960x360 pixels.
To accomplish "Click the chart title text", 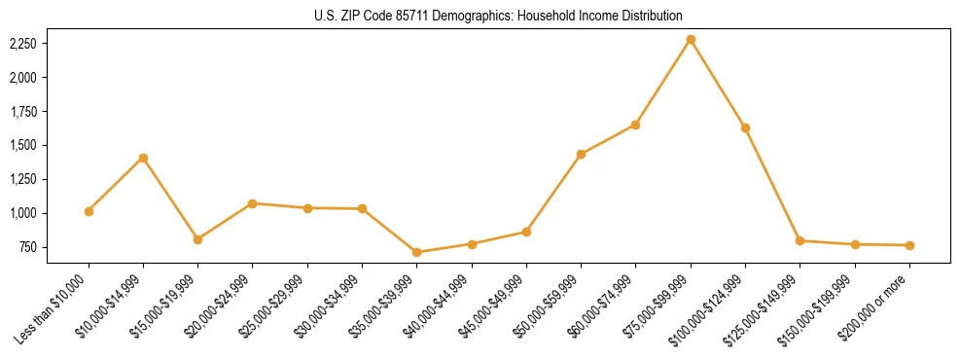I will pos(499,17).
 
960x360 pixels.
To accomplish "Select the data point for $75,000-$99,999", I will pos(691,39).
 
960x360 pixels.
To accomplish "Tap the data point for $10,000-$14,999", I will pos(143,158).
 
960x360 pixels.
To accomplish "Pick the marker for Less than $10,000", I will pos(89,211).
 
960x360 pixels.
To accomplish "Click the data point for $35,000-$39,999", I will pos(416,252).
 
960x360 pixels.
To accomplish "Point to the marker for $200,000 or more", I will pos(909,245).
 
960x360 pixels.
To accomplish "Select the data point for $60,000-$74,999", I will pos(635,125).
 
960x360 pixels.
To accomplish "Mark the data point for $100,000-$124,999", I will pos(745,127).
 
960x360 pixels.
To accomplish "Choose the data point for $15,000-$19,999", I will pos(197,239).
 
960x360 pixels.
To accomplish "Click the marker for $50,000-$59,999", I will pos(581,154).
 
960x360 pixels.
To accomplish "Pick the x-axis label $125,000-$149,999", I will pos(764,307).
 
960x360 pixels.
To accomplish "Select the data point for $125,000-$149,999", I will pos(800,240).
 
